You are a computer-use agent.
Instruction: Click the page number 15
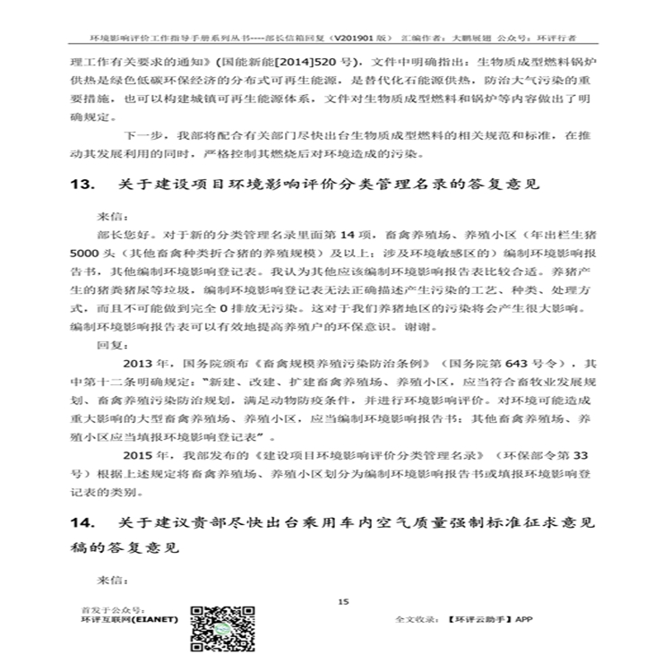pos(342,601)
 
